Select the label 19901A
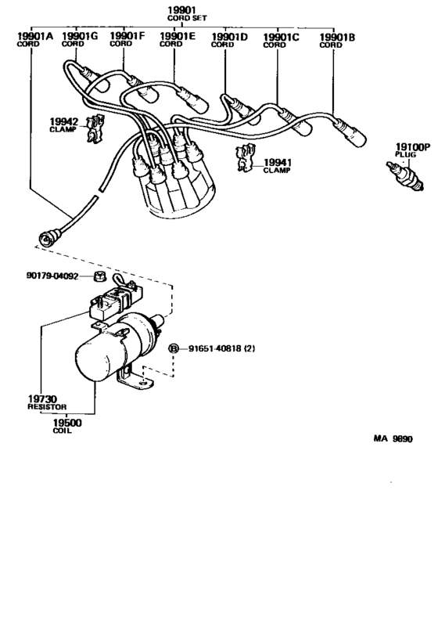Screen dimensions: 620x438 34,36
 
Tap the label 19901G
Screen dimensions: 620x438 81,36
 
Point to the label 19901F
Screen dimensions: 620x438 127,36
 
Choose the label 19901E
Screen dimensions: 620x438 178,36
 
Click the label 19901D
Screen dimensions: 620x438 229,36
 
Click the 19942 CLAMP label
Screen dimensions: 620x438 65,124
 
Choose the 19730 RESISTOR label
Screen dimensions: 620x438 40,402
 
